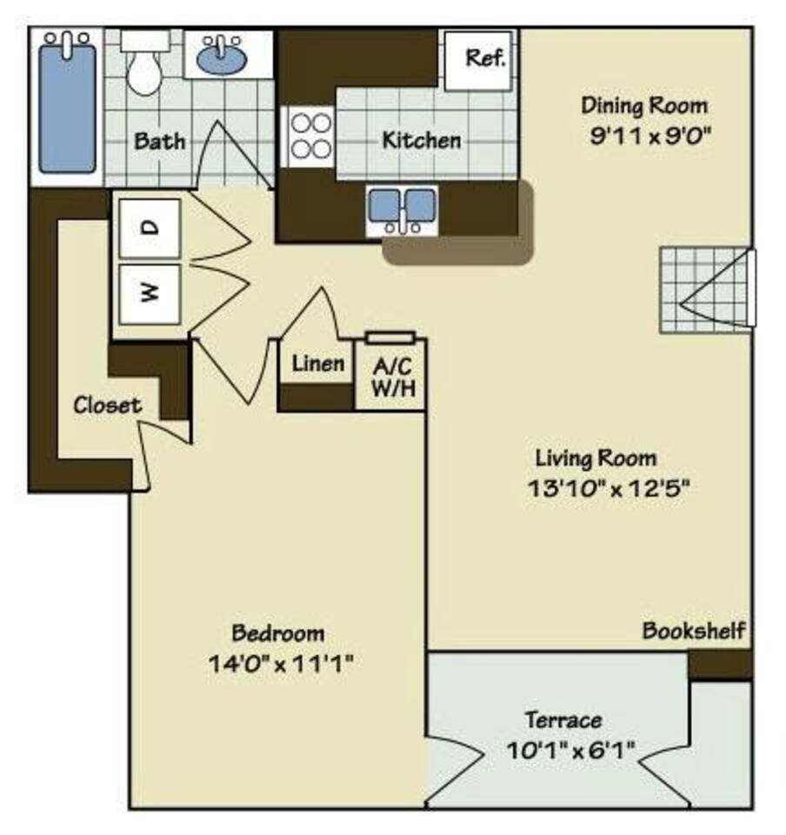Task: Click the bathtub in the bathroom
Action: click(x=67, y=106)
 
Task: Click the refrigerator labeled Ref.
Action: click(x=484, y=59)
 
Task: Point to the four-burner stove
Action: click(x=308, y=136)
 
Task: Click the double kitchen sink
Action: click(x=401, y=208)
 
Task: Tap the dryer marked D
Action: click(x=150, y=228)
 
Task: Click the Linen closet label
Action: click(x=317, y=363)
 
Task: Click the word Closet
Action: click(x=106, y=404)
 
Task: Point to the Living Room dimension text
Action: click(x=608, y=488)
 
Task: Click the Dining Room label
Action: click(x=644, y=106)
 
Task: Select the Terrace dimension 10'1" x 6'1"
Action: click(x=570, y=748)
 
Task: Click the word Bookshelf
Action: click(x=693, y=631)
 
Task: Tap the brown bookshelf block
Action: click(x=719, y=664)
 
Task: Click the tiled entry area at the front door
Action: click(x=703, y=290)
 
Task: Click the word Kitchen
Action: click(x=422, y=139)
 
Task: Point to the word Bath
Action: click(x=159, y=140)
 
